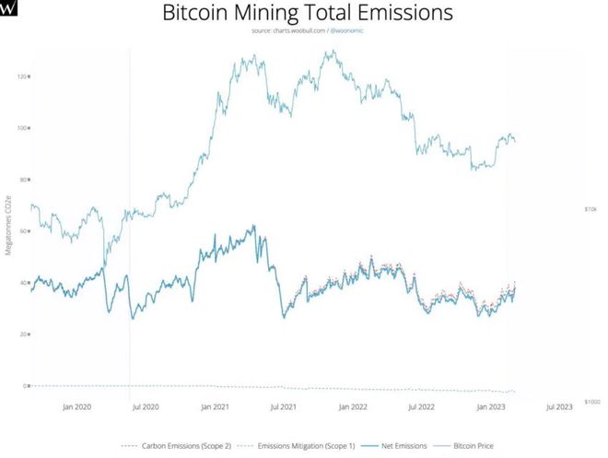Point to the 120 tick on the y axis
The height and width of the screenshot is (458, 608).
coord(22,76)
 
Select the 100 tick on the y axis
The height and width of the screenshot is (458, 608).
coord(22,127)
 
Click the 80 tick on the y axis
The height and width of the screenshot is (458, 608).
coord(24,179)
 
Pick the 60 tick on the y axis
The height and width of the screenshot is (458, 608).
coord(24,230)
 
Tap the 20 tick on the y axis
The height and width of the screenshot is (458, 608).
coord(24,334)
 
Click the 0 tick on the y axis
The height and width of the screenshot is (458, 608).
coord(26,385)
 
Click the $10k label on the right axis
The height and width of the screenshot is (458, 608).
coord(590,209)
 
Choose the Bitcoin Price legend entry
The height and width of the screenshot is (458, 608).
coord(467,446)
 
